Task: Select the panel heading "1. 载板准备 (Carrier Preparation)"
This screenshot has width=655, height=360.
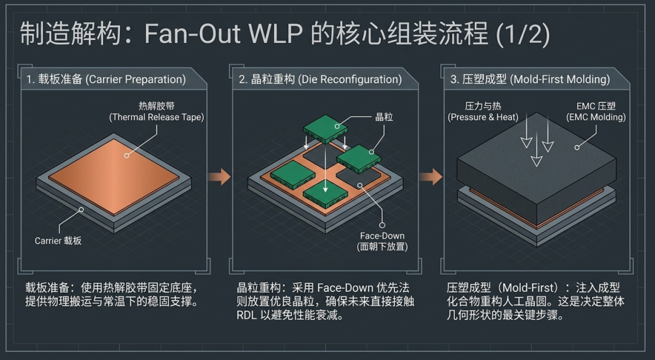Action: tap(106, 79)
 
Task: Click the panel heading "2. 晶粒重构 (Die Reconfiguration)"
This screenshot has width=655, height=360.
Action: tap(320, 79)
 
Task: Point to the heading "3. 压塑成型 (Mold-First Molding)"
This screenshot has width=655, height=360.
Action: tap(529, 79)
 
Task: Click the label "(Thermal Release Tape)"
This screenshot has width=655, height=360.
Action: tap(156, 118)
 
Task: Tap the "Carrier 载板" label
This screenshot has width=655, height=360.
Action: tap(58, 241)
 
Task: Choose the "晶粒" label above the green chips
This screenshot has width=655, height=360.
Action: tap(384, 117)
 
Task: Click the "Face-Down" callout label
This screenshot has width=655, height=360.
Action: tap(382, 236)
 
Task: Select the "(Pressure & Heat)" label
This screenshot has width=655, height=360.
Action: tap(483, 118)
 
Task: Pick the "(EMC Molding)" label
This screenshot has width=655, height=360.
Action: tap(596, 118)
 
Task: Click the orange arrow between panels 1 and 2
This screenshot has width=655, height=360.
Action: tap(220, 176)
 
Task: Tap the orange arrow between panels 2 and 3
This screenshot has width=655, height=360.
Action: tap(431, 176)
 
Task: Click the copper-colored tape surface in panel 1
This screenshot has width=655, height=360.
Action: tap(113, 177)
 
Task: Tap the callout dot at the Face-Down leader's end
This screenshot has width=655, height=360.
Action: tap(382, 225)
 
